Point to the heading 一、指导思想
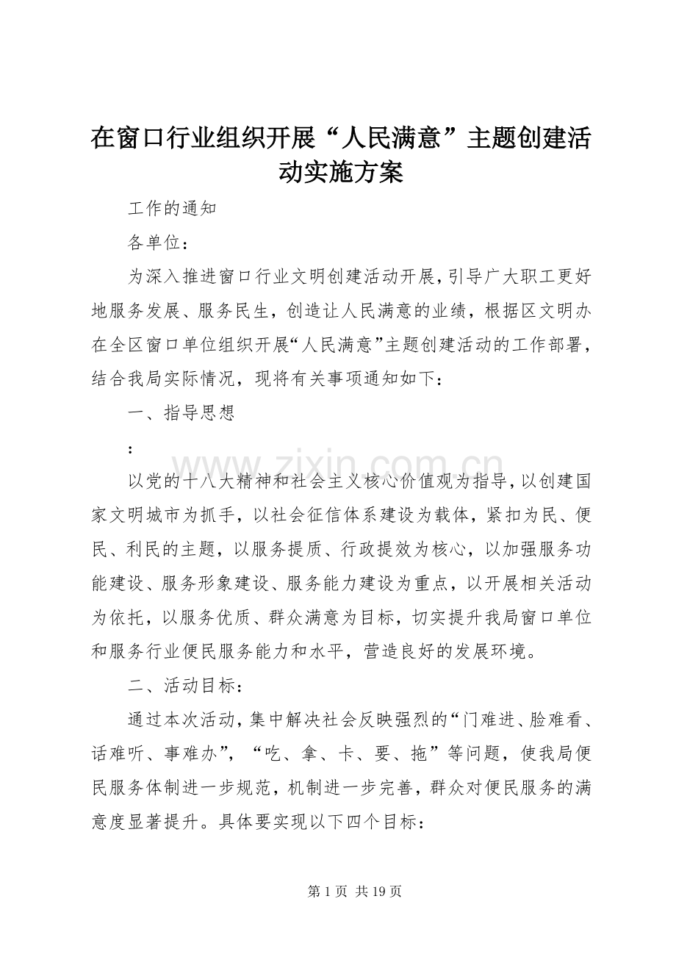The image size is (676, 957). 181,413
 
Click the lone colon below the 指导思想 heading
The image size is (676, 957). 131,448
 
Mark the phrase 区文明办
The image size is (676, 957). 557,312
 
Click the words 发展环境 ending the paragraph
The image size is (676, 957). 485,651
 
